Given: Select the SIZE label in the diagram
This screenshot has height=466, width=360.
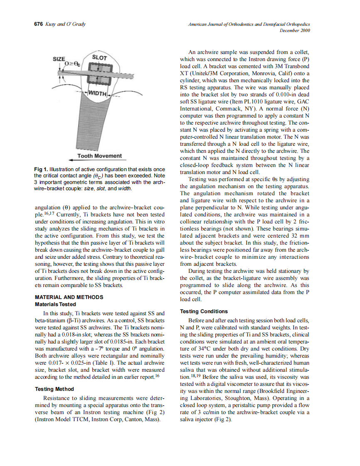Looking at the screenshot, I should [59, 59].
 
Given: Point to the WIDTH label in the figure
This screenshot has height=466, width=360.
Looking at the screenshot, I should [97, 92].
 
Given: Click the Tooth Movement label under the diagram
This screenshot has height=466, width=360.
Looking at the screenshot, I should [100, 156].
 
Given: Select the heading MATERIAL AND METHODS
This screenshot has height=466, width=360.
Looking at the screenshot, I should [69, 297].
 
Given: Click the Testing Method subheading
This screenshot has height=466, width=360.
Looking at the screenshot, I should [54, 389].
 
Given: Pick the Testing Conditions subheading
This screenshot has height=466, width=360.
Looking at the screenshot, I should [204, 311].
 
